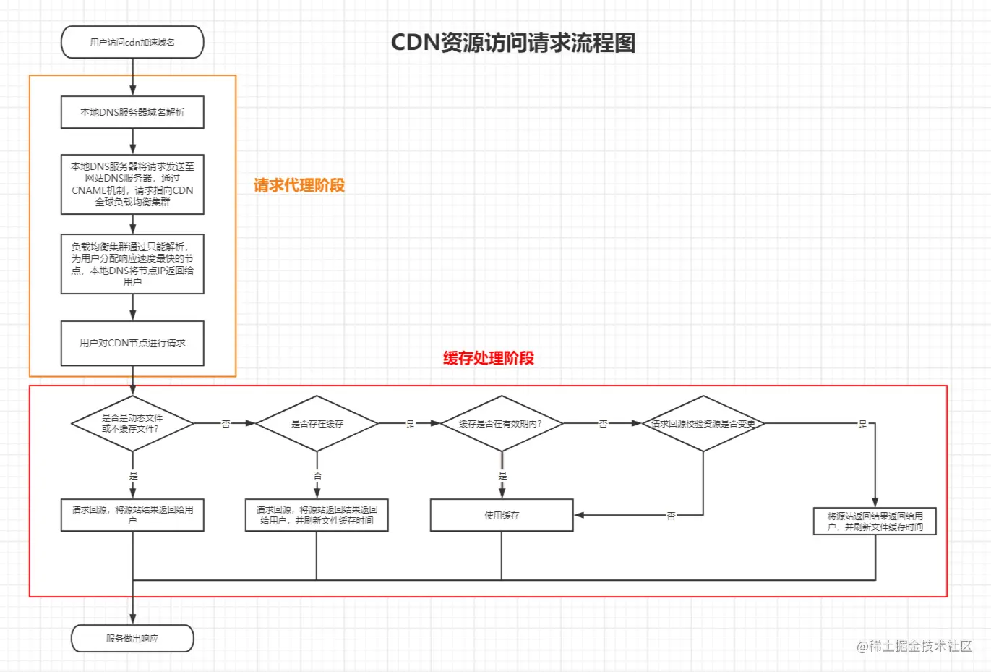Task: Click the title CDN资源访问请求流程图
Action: coord(513,43)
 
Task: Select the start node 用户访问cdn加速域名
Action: coord(132,42)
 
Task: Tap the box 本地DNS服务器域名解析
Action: coord(132,112)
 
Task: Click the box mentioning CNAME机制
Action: coord(132,184)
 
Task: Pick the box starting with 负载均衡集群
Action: coord(132,264)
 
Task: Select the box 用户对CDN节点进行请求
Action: coord(132,343)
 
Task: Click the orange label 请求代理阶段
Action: coord(299,185)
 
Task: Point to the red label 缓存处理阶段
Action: coord(489,357)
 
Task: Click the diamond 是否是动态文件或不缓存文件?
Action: coord(132,423)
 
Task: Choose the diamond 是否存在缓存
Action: coord(317,423)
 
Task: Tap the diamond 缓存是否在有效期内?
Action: coord(502,423)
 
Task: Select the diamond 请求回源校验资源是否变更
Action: coord(703,423)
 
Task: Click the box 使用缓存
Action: coord(502,515)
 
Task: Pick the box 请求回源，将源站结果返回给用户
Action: coord(132,515)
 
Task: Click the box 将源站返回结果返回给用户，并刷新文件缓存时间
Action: coord(875,521)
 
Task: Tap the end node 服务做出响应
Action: coord(132,638)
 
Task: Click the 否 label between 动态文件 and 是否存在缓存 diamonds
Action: coord(226,424)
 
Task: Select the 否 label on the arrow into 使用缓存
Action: coord(671,515)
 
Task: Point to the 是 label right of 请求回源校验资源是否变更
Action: coord(863,424)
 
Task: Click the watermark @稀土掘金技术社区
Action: coord(914,647)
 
